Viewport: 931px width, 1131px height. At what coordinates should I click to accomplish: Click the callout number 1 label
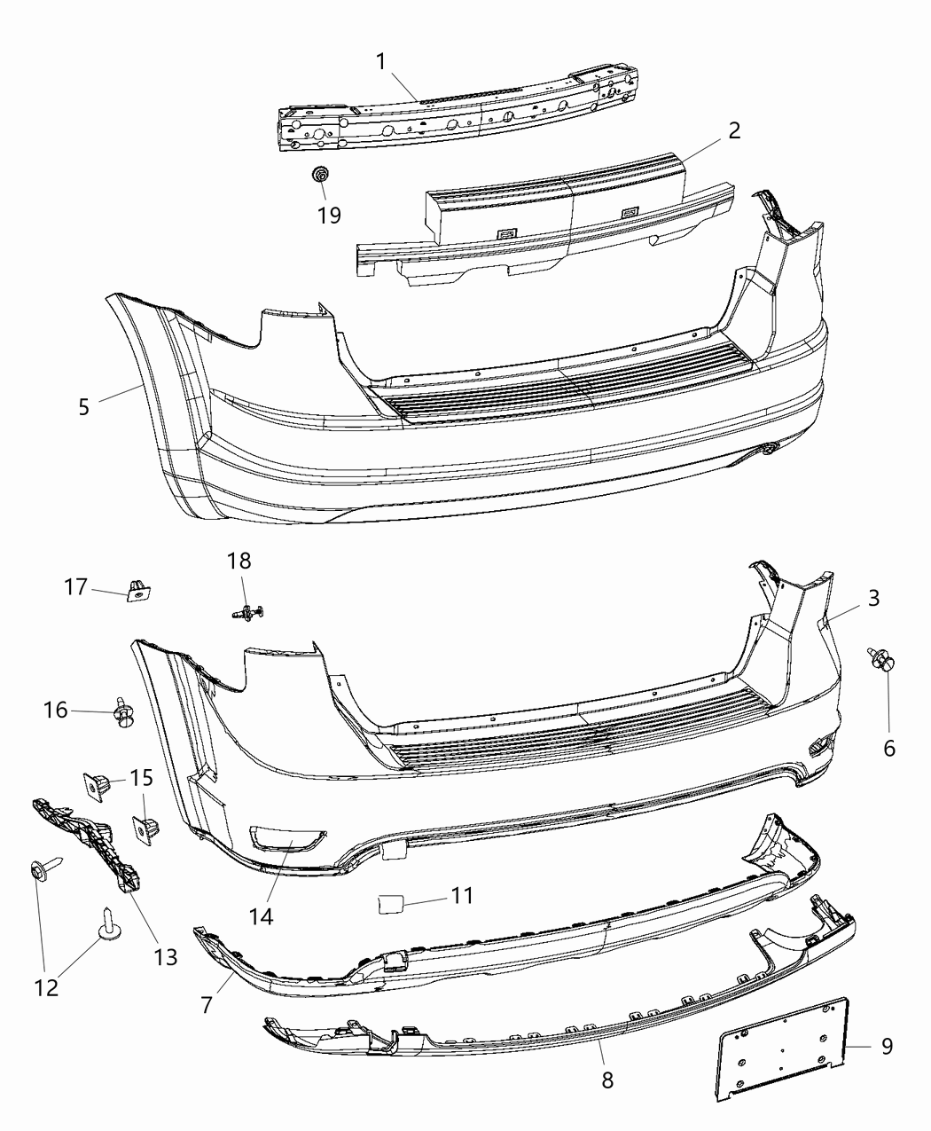coord(380,61)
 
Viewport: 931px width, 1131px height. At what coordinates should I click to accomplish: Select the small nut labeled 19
coord(320,175)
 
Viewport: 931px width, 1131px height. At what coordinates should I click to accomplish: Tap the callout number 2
coord(732,130)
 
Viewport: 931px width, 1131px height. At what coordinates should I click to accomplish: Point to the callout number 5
coord(83,407)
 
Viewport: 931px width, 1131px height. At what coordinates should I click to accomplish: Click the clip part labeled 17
coord(137,590)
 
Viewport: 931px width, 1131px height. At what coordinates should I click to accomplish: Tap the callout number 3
coord(873,598)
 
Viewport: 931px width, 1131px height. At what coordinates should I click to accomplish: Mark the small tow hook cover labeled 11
coord(391,903)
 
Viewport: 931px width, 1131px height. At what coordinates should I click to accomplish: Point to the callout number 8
coord(606,1079)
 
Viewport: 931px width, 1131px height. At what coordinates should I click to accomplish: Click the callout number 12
coord(46,986)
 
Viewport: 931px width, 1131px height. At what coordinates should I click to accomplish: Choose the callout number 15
coord(141,778)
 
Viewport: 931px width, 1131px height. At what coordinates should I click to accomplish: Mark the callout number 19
coord(329,215)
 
